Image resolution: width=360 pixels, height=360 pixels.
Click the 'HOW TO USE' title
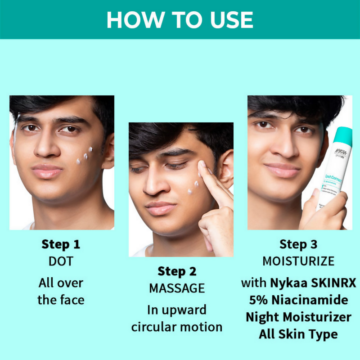180,20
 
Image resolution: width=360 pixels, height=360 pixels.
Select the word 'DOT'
61,261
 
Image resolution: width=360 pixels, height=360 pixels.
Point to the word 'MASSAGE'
176,288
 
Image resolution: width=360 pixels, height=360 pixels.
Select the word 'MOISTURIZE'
298,261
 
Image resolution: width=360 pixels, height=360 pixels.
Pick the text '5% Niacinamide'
298,300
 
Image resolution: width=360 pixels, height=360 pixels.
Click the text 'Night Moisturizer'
298,317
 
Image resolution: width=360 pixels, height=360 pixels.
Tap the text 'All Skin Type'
298,334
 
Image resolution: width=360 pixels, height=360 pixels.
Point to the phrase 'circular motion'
176,327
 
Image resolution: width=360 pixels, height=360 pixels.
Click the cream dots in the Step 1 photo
85,156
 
